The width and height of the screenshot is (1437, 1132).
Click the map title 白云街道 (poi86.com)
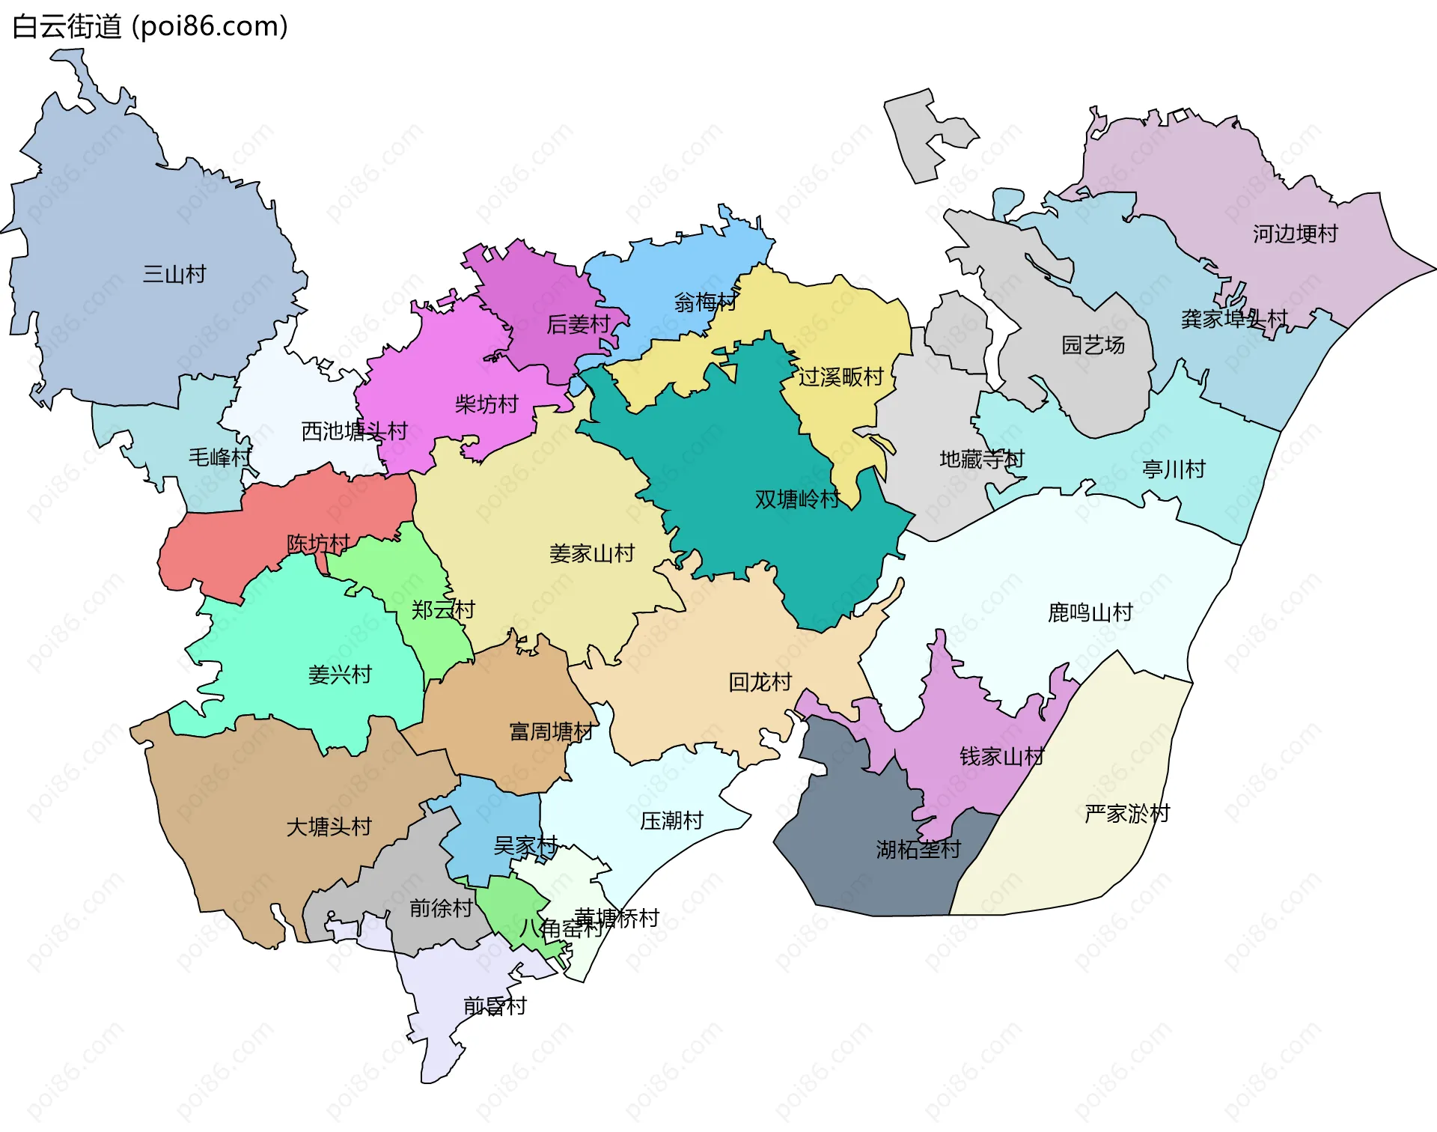click(x=150, y=27)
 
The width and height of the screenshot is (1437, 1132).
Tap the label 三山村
click(x=174, y=274)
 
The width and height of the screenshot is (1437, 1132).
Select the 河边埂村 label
click(x=1295, y=234)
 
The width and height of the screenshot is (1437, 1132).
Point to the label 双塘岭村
click(x=797, y=499)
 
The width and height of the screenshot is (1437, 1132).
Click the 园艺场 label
click(x=1093, y=345)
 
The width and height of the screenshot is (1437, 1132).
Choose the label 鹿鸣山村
click(x=1090, y=613)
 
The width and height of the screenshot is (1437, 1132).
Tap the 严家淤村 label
click(x=1127, y=814)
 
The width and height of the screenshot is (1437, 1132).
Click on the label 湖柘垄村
click(x=918, y=850)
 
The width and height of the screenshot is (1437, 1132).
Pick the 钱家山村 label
click(x=1001, y=757)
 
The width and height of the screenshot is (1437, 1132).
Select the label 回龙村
click(x=760, y=682)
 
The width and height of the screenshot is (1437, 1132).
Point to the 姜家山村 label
click(x=591, y=554)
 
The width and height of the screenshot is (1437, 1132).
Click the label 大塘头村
click(x=329, y=827)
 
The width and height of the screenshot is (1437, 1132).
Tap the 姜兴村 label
click(x=340, y=675)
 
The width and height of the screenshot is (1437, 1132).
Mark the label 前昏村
click(x=495, y=1006)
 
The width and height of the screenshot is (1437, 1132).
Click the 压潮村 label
click(x=671, y=821)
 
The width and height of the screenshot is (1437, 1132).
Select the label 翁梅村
click(x=704, y=302)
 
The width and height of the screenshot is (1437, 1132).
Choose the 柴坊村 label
click(x=486, y=405)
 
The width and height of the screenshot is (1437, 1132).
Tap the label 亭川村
click(x=1174, y=470)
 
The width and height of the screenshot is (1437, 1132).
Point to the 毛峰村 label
click(x=220, y=457)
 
